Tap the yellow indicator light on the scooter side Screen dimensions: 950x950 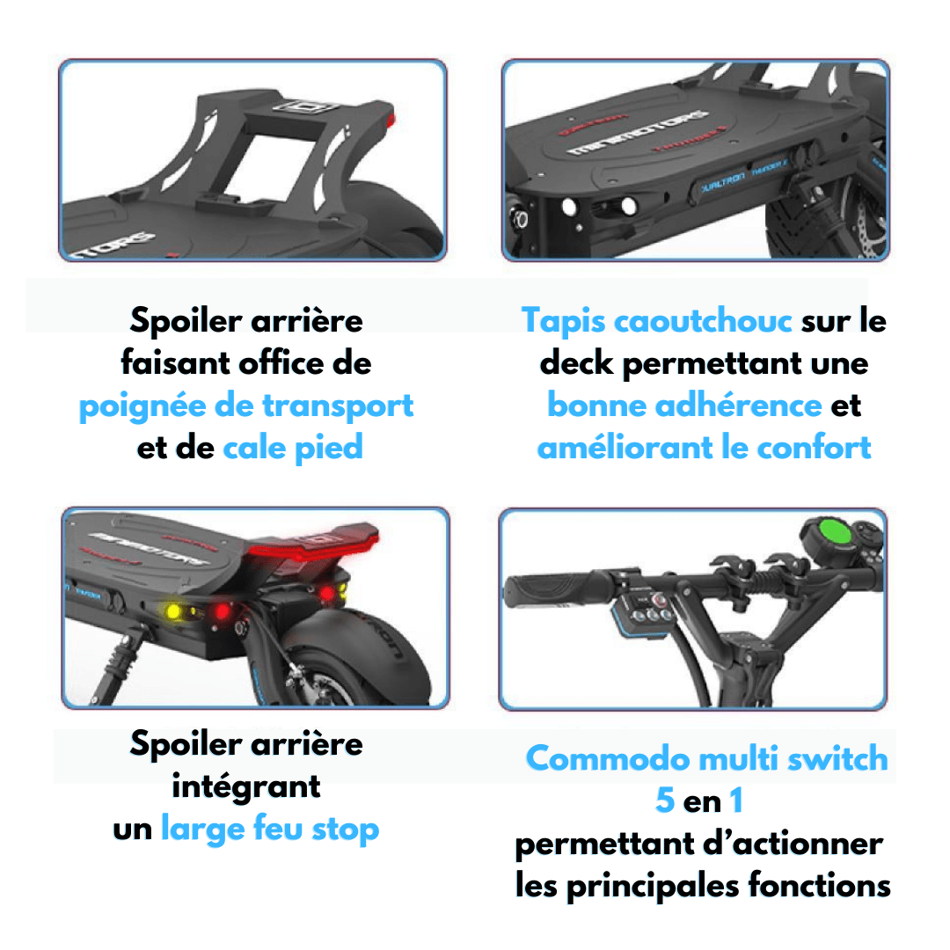coord(173,610)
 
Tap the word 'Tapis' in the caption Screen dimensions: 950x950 coord(563,320)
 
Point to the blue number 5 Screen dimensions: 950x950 coord(666,801)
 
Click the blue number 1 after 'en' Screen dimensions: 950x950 coord(736,801)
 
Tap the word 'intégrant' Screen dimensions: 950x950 coord(246,786)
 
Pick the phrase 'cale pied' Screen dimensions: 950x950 coord(293,448)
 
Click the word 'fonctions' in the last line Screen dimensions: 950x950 coord(819,885)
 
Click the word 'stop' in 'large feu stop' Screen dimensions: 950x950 coord(345,829)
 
